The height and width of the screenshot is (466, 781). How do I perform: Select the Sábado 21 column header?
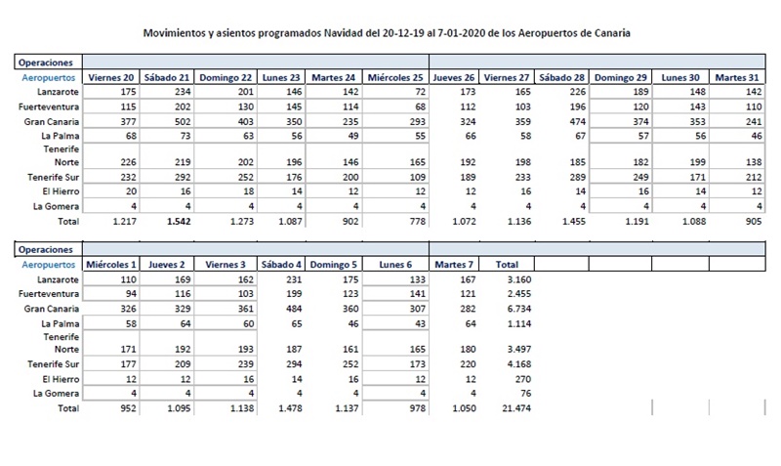(167, 77)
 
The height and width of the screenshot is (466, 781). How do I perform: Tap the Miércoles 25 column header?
(395, 77)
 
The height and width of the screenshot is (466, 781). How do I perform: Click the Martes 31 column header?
(739, 77)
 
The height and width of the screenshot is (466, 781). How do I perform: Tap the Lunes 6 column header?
(396, 265)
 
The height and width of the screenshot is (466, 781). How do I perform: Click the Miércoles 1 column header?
(110, 265)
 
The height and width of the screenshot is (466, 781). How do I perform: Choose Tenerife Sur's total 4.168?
(516, 361)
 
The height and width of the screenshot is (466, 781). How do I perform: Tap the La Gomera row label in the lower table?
(53, 393)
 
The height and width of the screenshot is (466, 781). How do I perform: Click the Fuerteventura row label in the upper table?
(46, 106)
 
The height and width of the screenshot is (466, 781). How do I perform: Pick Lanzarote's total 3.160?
(516, 280)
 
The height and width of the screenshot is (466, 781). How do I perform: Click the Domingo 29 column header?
(620, 77)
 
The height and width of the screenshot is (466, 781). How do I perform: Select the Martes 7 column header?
(455, 265)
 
